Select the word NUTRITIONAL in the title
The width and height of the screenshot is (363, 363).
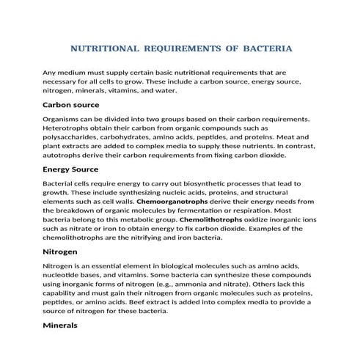[104, 49]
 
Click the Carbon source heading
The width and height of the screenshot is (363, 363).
[76, 105]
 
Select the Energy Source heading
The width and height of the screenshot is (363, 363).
[76, 169]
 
